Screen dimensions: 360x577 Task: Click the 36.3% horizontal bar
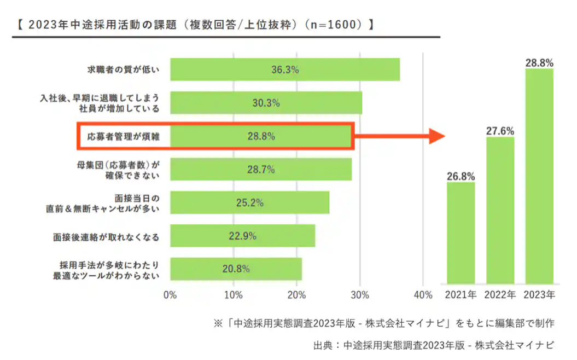[284, 69]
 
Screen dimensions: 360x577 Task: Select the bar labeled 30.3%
[266, 103]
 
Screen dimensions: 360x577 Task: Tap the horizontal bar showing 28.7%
[260, 170]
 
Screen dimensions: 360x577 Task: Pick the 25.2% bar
[249, 202]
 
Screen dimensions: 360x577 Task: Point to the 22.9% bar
[242, 236]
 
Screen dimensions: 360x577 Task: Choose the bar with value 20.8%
[236, 269]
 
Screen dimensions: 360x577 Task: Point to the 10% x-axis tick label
[234, 295]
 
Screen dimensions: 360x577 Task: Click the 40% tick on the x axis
[423, 295]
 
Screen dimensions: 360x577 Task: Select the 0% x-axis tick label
[170, 295]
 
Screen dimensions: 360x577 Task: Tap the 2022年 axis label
[500, 295]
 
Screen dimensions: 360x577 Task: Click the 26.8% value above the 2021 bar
[461, 176]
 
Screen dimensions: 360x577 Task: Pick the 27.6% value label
[500, 131]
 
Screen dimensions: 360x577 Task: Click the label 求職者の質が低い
[124, 69]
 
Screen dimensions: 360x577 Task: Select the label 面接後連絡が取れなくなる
[106, 236]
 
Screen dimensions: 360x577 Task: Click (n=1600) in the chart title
[334, 25]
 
